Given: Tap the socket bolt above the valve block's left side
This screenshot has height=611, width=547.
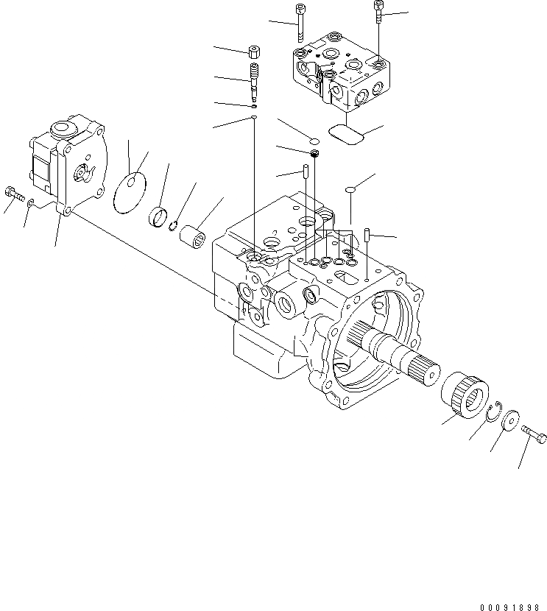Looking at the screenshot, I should coord(299,22).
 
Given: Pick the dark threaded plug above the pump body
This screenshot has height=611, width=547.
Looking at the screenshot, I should coord(314,153).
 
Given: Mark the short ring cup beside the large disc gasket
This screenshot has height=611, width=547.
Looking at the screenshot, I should coord(158,218).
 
